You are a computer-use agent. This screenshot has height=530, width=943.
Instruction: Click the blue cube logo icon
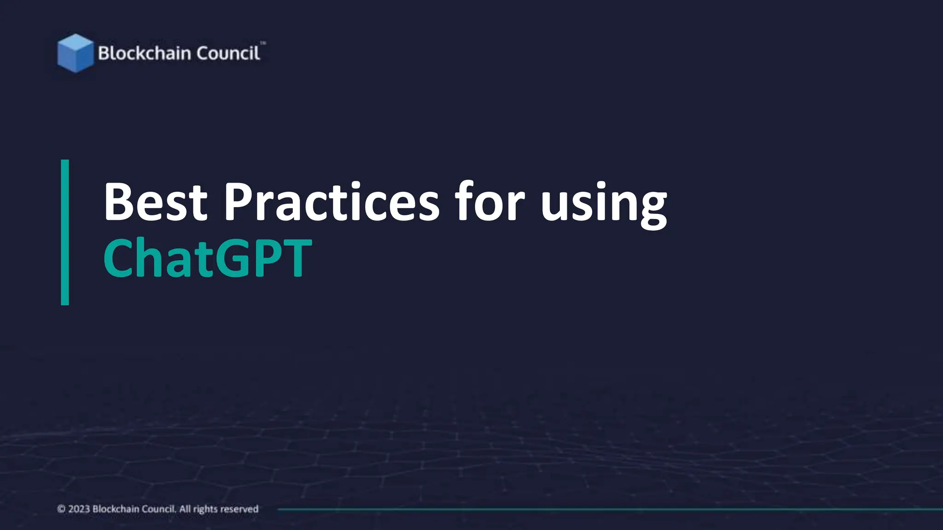pyautogui.click(x=75, y=53)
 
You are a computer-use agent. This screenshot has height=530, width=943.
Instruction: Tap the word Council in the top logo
pyautogui.click(x=228, y=53)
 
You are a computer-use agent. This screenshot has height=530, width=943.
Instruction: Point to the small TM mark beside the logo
pyautogui.click(x=263, y=43)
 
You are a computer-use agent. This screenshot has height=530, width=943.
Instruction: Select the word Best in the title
pyautogui.click(x=156, y=202)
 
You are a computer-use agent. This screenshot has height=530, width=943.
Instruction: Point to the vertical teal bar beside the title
pyautogui.click(x=65, y=232)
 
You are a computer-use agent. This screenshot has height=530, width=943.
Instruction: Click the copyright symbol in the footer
pyautogui.click(x=61, y=509)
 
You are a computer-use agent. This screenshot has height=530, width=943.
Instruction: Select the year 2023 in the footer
pyautogui.click(x=79, y=509)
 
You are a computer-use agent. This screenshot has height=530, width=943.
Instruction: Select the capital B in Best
pyautogui.click(x=119, y=202)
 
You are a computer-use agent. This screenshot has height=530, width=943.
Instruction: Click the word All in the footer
pyautogui.click(x=185, y=509)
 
